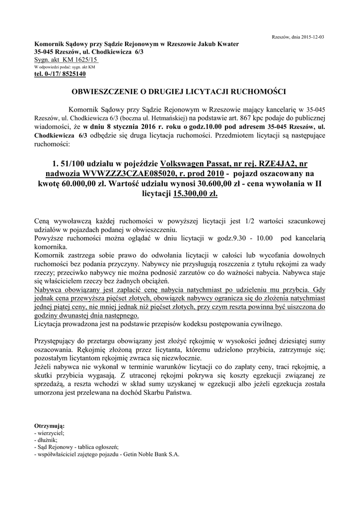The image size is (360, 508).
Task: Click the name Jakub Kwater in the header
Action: tap(218, 44)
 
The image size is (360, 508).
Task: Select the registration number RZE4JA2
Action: tap(271, 164)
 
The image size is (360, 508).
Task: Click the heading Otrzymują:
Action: tap(49, 426)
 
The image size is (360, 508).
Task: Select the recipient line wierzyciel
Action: tap(48, 433)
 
